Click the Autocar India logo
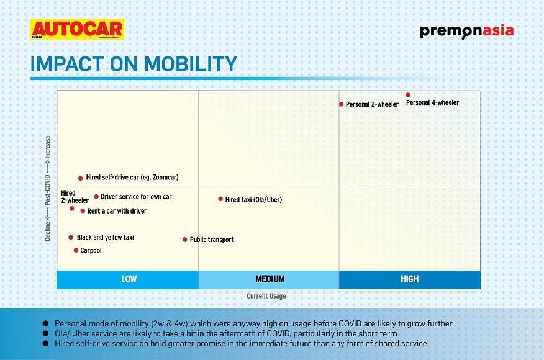click(x=76, y=29)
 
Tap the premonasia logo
click(x=466, y=31)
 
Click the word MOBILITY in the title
click(x=191, y=64)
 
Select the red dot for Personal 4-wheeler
click(x=408, y=95)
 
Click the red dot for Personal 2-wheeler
click(x=341, y=104)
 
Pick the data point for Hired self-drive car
click(x=81, y=178)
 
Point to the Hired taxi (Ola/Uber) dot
click(x=220, y=199)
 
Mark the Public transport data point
click(x=185, y=240)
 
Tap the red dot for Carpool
click(x=76, y=250)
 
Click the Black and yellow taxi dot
click(x=71, y=237)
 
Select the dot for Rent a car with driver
click(x=83, y=210)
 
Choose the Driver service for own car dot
click(x=96, y=196)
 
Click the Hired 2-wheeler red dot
click(x=72, y=209)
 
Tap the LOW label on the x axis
click(x=129, y=279)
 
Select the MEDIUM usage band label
click(x=270, y=279)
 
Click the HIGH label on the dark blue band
click(x=410, y=279)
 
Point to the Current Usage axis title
click(x=266, y=296)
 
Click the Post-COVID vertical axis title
click(x=48, y=188)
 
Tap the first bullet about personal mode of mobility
click(x=253, y=323)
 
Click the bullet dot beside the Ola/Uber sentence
click(x=45, y=334)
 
